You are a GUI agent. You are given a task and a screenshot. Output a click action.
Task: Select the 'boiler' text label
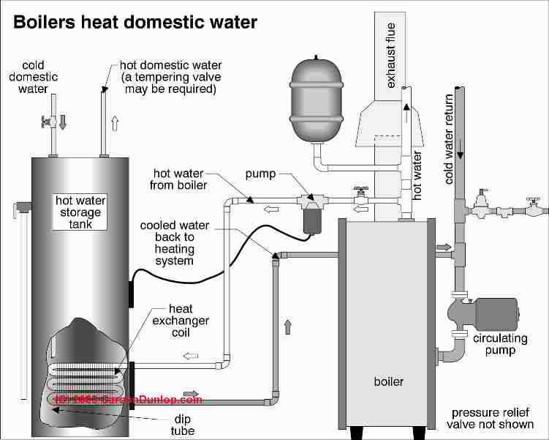[x=387, y=381]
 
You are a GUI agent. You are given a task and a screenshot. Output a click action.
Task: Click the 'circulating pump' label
[x=494, y=344]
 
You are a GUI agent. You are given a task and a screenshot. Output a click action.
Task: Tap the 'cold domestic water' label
[x=34, y=76]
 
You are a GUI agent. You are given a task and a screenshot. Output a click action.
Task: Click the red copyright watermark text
[x=129, y=400]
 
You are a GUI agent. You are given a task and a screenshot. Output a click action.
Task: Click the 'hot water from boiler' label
[x=180, y=179]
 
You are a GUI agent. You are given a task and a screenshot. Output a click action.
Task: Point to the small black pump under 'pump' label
[x=314, y=217]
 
